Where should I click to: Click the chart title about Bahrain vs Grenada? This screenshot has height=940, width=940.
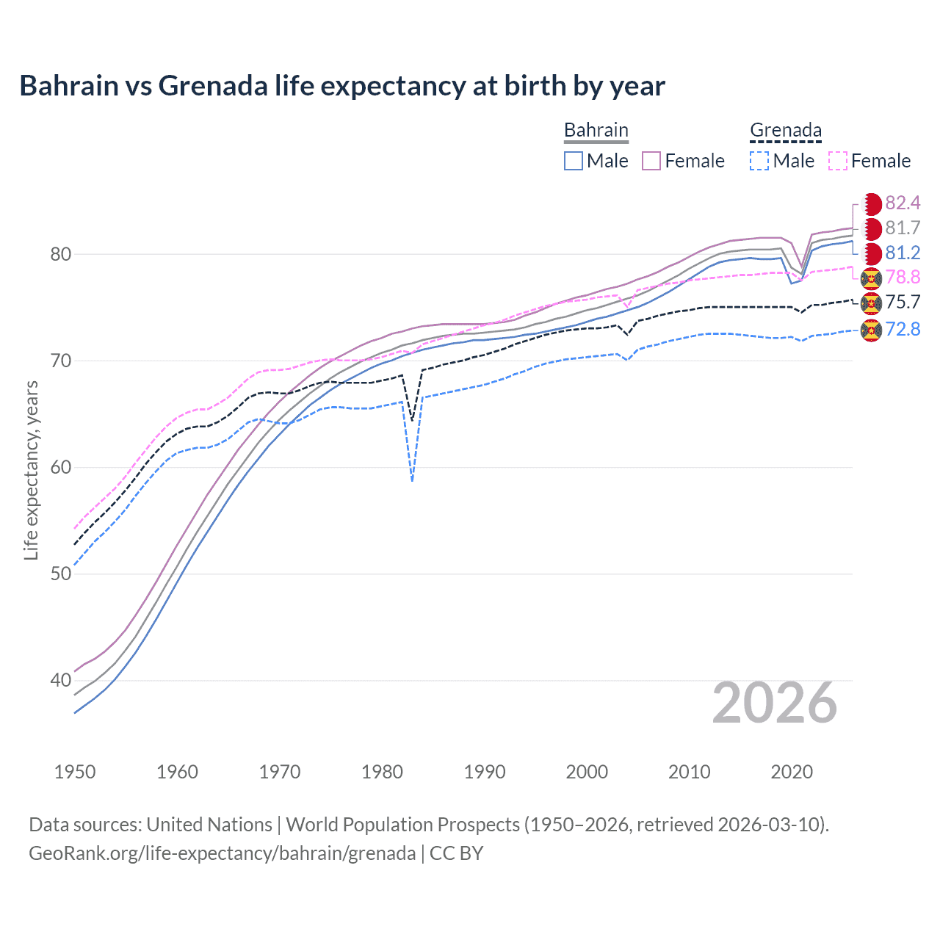[342, 86]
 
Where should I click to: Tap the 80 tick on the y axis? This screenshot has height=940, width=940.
[60, 254]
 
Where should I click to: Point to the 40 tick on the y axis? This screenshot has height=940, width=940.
[60, 680]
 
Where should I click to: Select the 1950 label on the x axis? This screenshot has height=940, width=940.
[75, 772]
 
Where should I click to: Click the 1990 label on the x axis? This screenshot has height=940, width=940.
[485, 772]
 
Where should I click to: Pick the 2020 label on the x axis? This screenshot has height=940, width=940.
[792, 772]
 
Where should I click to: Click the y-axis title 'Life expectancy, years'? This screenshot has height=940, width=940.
[31, 470]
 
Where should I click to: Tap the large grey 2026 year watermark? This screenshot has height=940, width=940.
[775, 704]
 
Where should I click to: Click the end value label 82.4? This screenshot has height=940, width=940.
[903, 203]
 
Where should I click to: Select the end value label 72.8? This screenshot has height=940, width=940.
[903, 329]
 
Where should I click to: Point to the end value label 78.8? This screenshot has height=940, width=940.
[903, 277]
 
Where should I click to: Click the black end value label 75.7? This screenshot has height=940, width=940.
[903, 302]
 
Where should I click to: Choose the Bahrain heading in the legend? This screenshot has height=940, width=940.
[596, 130]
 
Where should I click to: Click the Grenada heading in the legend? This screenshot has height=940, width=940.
[785, 130]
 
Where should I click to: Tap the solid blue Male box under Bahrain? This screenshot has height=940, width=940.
[574, 161]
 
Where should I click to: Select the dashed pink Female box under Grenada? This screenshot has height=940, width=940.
[838, 161]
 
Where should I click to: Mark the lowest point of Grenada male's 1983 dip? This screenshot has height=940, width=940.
[412, 481]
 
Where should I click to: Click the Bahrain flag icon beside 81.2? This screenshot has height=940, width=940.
[871, 253]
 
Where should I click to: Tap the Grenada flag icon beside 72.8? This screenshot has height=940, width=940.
[871, 330]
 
